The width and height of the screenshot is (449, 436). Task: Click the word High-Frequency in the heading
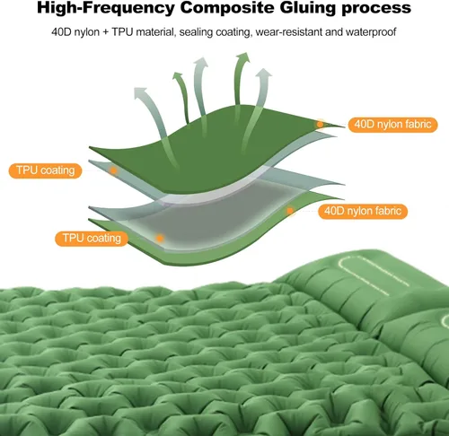pos(106,8)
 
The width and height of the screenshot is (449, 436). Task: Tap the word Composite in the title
pos(227,8)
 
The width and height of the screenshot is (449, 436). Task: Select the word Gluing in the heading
pos(308,8)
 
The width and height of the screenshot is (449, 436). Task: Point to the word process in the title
pos(376,9)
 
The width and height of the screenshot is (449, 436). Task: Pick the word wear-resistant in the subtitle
pos(288,31)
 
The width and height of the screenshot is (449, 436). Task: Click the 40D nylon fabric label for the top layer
pos(392,125)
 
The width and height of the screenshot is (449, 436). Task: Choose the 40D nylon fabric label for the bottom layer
pos(363,211)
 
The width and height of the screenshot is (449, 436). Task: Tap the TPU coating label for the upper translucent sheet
pos(45,170)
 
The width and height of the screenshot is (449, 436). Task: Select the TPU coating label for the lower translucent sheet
pos(92,239)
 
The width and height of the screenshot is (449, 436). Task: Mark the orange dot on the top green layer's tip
pos(320,124)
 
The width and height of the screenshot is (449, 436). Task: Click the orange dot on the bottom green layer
pos(289,211)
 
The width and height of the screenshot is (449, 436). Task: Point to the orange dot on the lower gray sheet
pos(160,239)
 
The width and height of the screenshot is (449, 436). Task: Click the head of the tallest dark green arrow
pos(242,57)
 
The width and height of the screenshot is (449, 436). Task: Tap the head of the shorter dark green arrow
pos(178,76)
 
